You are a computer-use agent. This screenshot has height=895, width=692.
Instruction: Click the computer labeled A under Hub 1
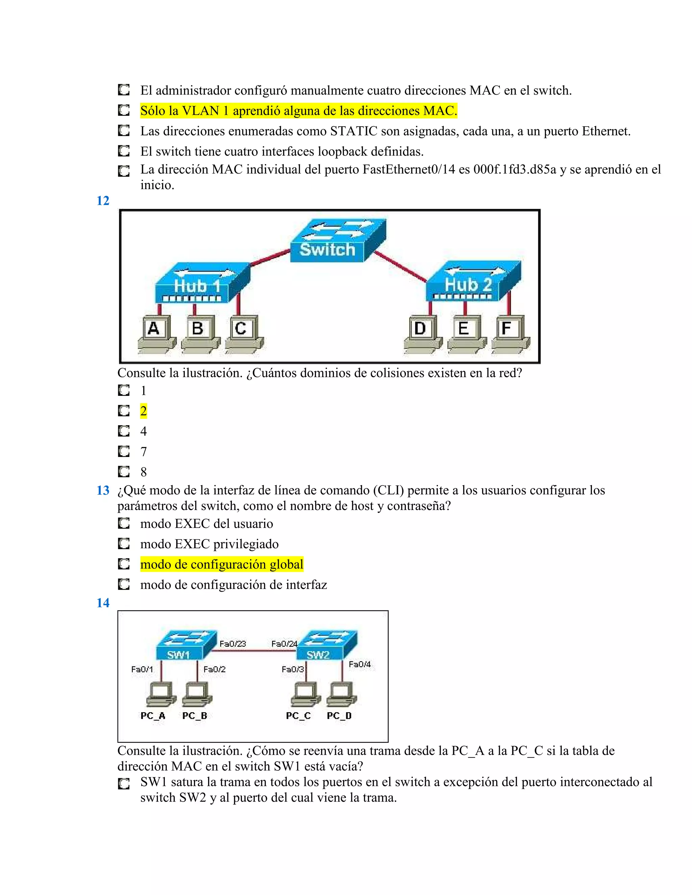pyautogui.click(x=156, y=333)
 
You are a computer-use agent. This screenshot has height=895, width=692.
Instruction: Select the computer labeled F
pyautogui.click(x=510, y=333)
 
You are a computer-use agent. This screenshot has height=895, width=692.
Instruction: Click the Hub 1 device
pyautogui.click(x=202, y=284)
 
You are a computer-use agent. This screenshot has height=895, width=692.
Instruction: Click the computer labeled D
pyautogui.click(x=422, y=333)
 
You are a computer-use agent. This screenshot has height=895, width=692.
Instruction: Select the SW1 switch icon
pyautogui.click(x=186, y=645)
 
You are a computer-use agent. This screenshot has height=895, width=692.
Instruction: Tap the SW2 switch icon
pyautogui.click(x=326, y=645)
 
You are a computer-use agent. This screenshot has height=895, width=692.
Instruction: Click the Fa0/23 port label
pyautogui.click(x=232, y=644)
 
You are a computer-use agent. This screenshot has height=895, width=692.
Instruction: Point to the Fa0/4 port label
pyautogui.click(x=360, y=664)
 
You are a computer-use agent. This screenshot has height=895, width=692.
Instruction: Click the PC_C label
pyautogui.click(x=298, y=716)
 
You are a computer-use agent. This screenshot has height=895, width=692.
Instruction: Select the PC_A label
pyautogui.click(x=152, y=716)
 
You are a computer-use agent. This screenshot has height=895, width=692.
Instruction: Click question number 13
pyautogui.click(x=103, y=490)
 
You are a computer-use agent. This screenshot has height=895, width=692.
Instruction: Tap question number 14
pyautogui.click(x=103, y=603)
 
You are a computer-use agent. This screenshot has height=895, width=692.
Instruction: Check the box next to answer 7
pyautogui.click(x=124, y=452)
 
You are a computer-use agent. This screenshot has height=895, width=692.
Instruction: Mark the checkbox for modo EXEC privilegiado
pyautogui.click(x=124, y=544)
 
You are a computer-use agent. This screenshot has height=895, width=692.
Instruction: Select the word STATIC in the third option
pyautogui.click(x=353, y=131)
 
